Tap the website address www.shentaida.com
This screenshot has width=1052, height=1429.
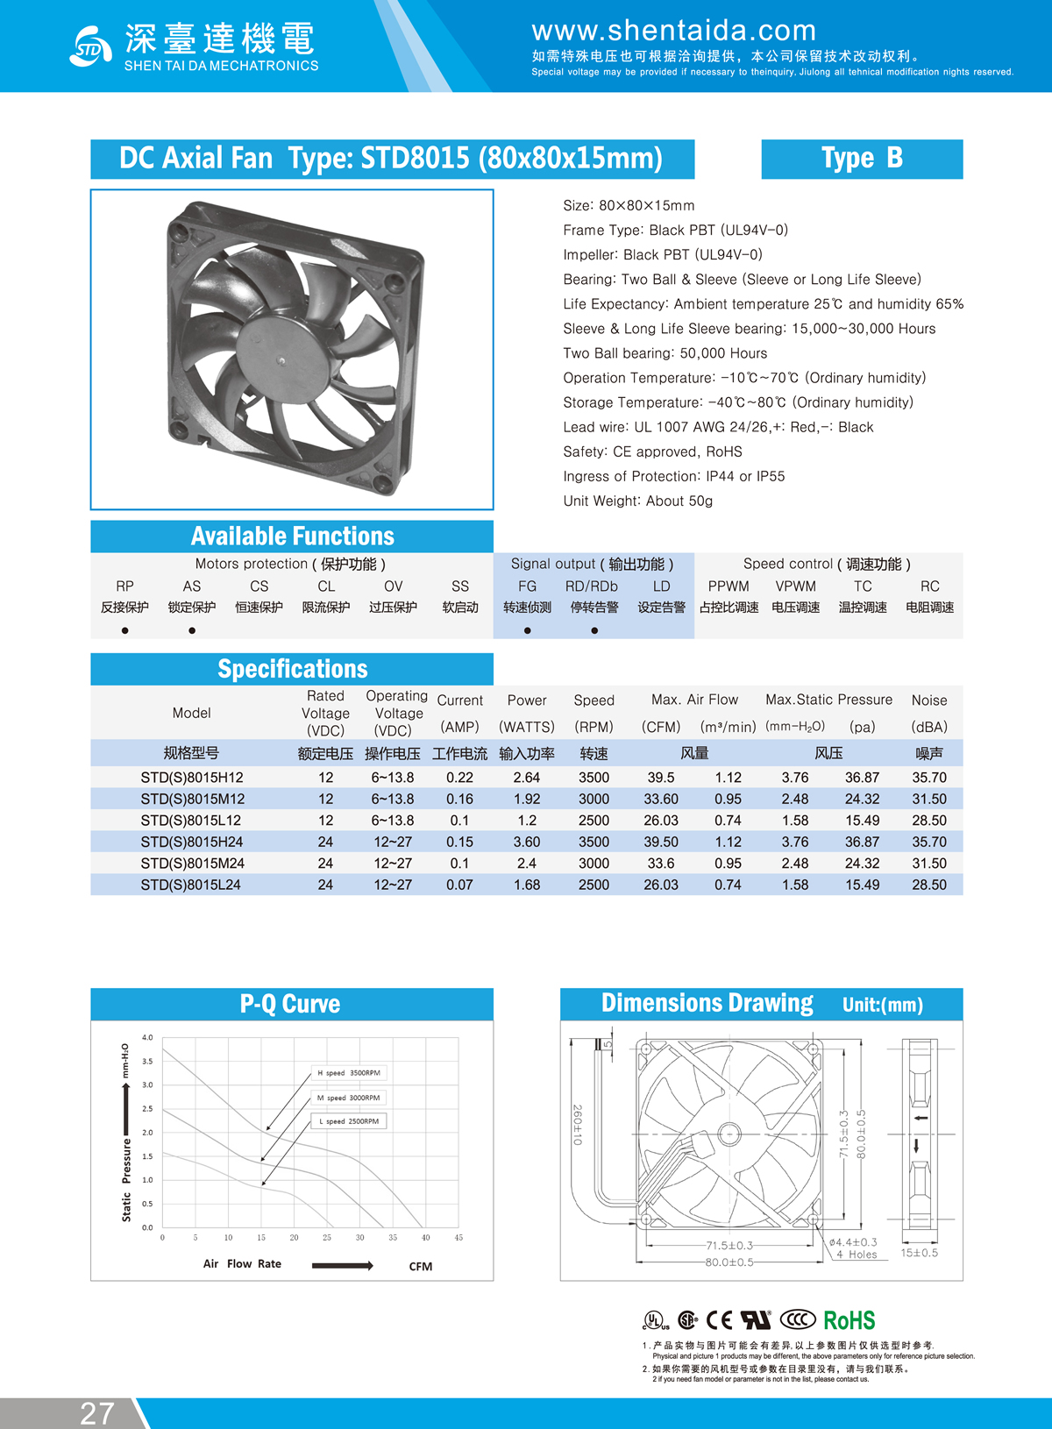click(673, 31)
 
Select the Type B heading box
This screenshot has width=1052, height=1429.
click(862, 159)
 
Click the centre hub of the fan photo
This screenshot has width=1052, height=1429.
click(282, 359)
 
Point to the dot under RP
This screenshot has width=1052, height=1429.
click(125, 630)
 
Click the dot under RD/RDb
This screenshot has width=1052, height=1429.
click(594, 630)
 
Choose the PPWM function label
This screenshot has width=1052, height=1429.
click(729, 587)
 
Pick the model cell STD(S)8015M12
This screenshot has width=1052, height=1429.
click(192, 799)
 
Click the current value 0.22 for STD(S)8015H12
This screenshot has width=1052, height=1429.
click(459, 778)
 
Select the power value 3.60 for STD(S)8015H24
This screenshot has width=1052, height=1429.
click(527, 842)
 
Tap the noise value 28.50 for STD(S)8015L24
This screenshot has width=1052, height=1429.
click(929, 885)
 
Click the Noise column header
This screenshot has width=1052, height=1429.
click(929, 700)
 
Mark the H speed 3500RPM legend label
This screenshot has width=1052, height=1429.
click(349, 1073)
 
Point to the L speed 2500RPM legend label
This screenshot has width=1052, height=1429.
click(349, 1121)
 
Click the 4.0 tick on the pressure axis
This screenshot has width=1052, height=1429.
click(147, 1038)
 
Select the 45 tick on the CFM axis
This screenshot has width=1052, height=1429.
click(458, 1238)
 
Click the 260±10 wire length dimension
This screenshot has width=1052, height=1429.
click(578, 1124)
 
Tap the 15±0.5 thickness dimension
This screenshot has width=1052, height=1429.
click(919, 1253)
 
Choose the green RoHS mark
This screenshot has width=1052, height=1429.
click(849, 1320)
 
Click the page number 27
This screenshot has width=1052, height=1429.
click(97, 1413)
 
